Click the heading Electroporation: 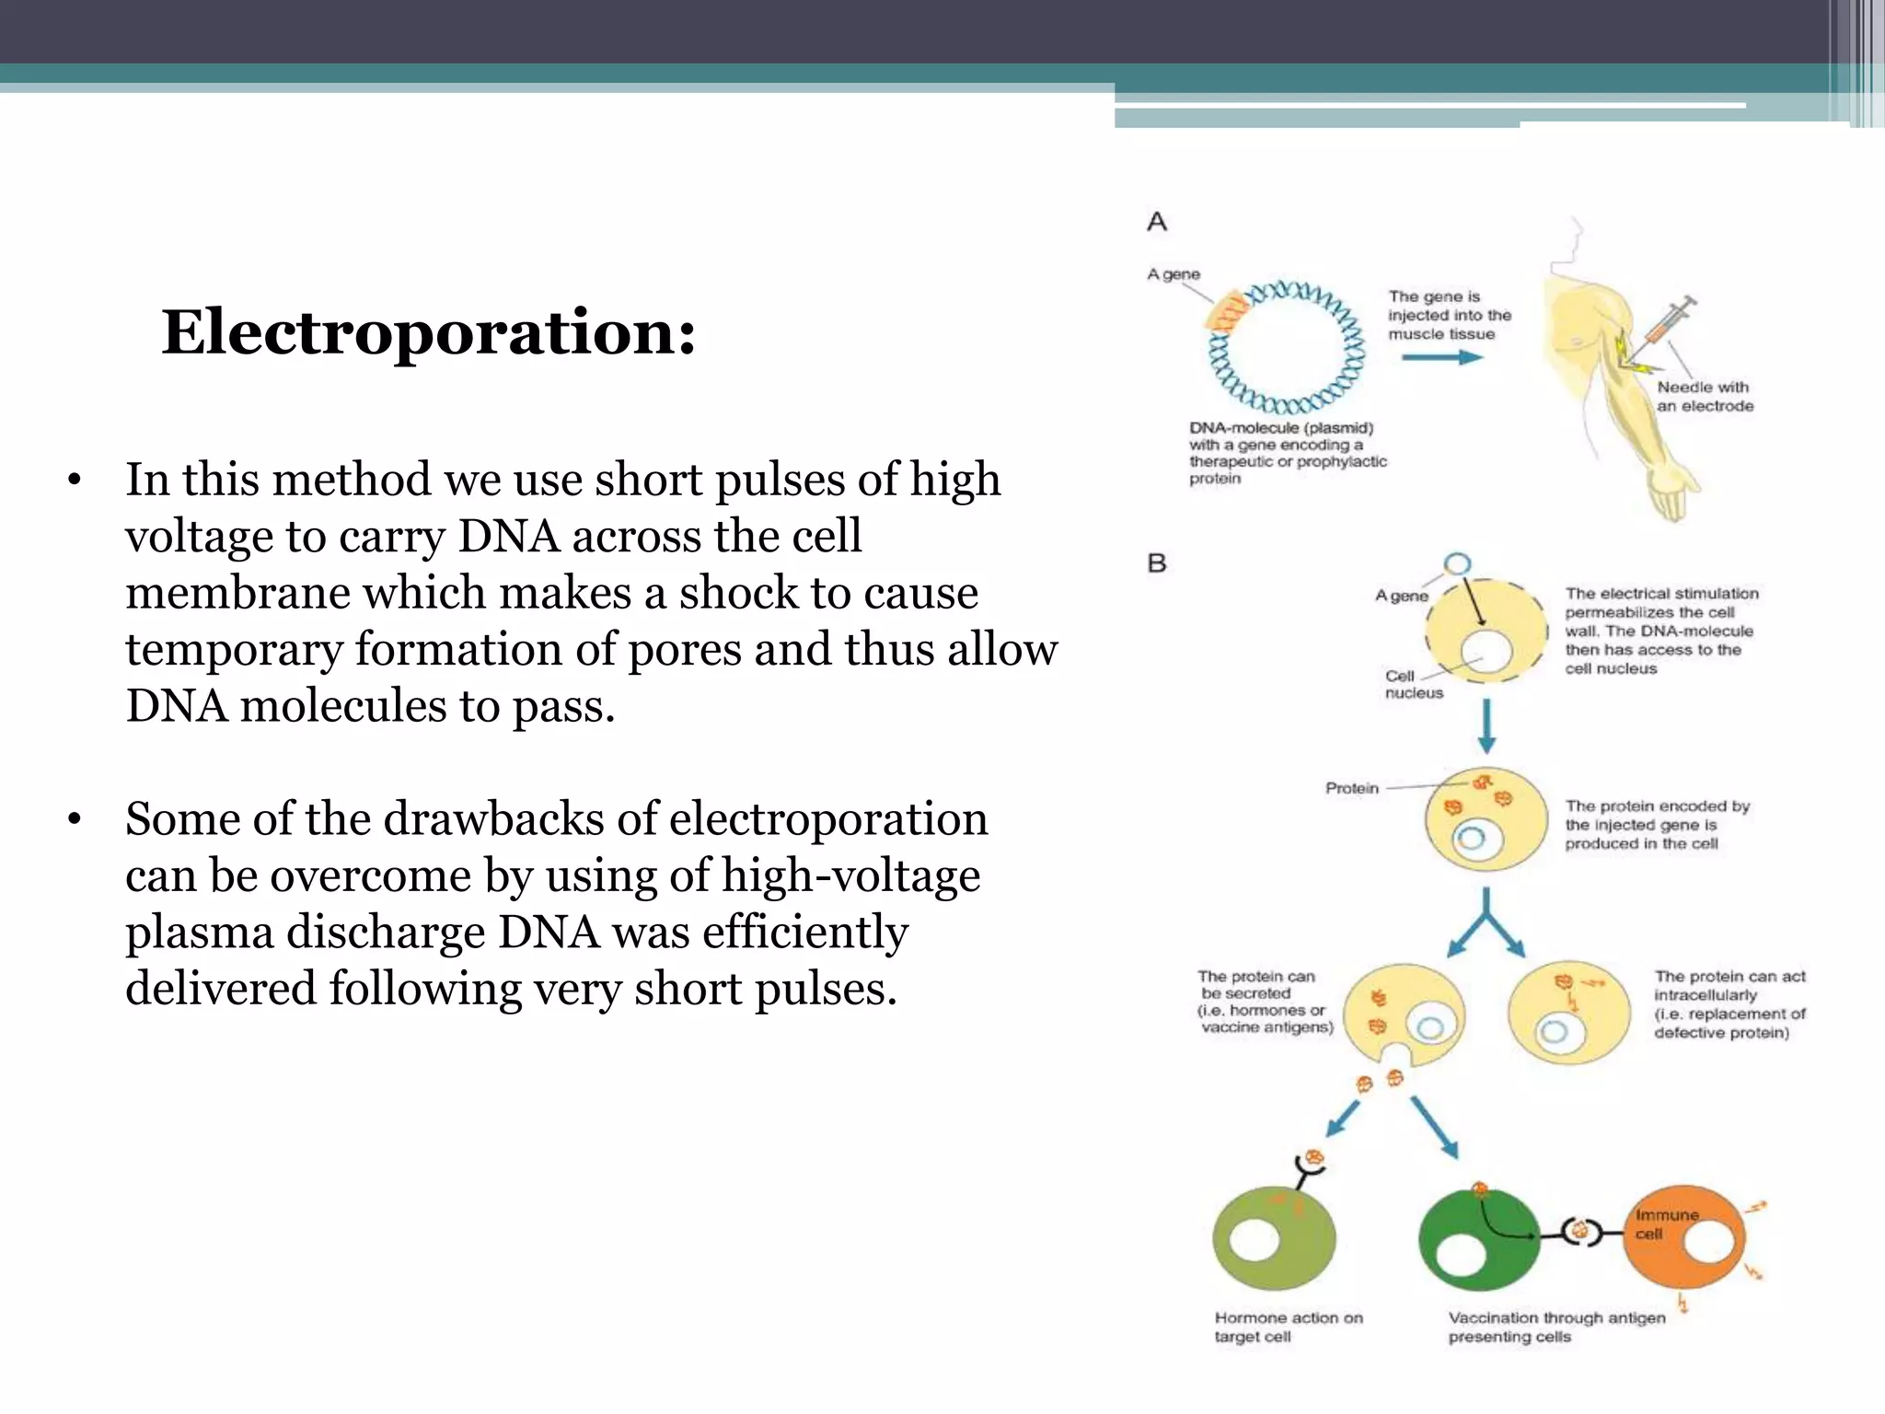[429, 332]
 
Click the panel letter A [1157, 222]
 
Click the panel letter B [1157, 563]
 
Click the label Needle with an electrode [1704, 397]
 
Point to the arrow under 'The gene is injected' [1441, 356]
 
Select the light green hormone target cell [1274, 1239]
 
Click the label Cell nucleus [1413, 684]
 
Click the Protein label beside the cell [1351, 788]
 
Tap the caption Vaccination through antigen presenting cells [1556, 1327]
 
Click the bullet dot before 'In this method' [75, 481]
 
